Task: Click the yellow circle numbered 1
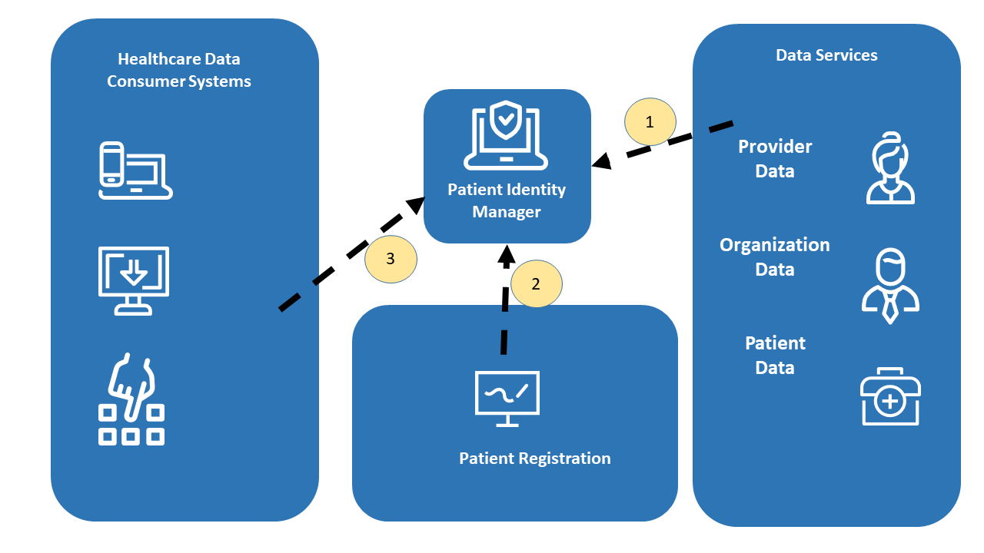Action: (x=650, y=122)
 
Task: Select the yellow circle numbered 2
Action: (x=536, y=283)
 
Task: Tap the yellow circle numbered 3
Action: (x=391, y=259)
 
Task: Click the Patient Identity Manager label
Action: (x=507, y=200)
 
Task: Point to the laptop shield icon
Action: (x=506, y=136)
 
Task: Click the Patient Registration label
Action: (x=534, y=459)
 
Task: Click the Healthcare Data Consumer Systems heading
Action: (x=179, y=70)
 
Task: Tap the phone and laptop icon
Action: (x=135, y=171)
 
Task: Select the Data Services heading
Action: (x=826, y=55)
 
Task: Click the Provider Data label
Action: (x=775, y=159)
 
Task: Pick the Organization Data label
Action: (x=775, y=257)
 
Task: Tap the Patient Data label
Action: (x=775, y=356)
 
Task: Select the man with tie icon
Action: (x=890, y=285)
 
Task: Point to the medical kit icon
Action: (x=890, y=396)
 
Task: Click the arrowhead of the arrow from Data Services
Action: (x=601, y=161)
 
